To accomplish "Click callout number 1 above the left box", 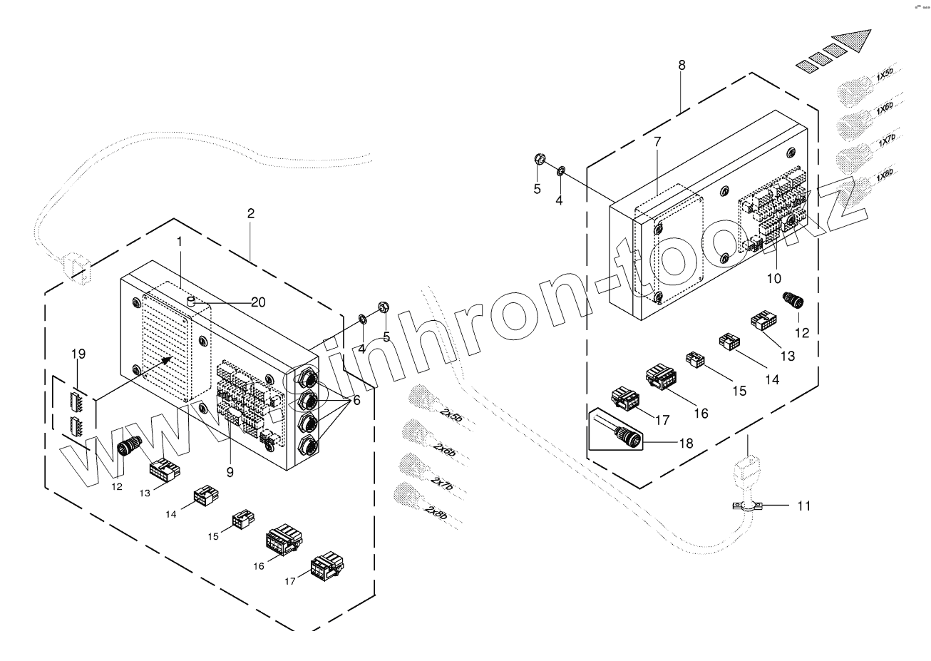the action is [180, 242].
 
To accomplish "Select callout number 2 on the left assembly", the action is [250, 213].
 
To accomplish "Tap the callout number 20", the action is [258, 302].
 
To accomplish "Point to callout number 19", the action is [78, 354].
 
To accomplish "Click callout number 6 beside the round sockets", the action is [356, 401].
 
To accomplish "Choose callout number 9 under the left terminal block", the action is [230, 471].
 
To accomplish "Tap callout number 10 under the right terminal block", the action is [773, 277].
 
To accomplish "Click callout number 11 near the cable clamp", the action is [803, 506].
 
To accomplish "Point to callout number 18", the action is [686, 443].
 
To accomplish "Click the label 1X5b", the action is [884, 75].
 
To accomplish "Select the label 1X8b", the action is [884, 174].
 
